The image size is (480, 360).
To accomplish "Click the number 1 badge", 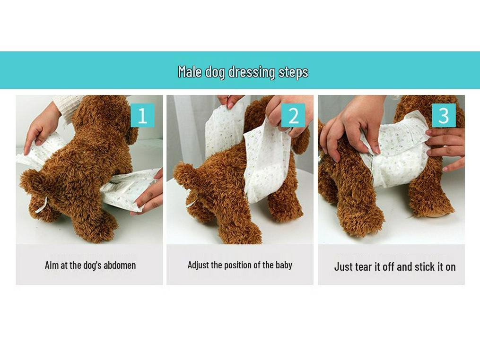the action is [x=142, y=115].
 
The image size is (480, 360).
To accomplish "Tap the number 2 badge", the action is [x=293, y=115].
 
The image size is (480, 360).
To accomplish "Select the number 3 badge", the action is [x=444, y=115].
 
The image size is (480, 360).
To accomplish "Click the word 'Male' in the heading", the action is [x=190, y=72].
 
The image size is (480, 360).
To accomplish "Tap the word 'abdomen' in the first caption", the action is [x=120, y=265].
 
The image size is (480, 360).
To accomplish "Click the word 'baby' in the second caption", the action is [x=284, y=265].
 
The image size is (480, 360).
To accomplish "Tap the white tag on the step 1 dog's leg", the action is [x=41, y=206].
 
